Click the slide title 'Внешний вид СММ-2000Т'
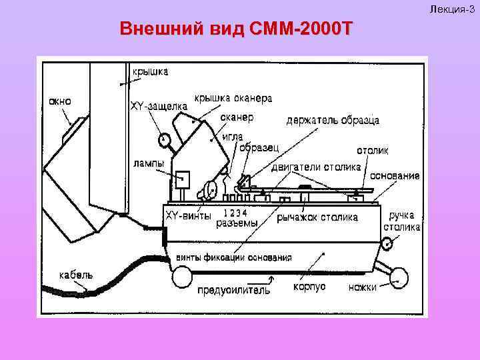pos(235,29)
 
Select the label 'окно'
pos(58,101)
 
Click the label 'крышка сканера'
pos(233,98)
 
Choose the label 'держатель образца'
pos(333,120)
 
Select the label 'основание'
pos(395,176)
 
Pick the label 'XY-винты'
pos(188,215)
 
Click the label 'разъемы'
pos(237,224)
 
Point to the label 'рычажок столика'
pos(317,217)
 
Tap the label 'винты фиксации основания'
pos(233,258)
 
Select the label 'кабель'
pos(75,274)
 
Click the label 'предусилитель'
pos(234,290)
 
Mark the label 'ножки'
pos(363,287)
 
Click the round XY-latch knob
pos(164,140)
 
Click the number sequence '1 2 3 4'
pos(235,213)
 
